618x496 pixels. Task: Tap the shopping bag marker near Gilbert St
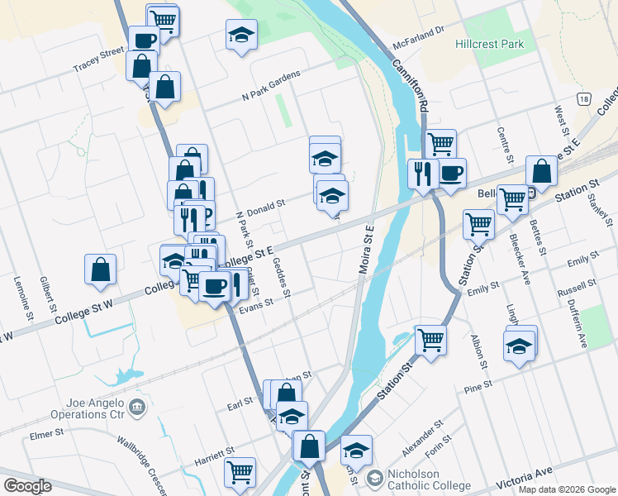[100, 269]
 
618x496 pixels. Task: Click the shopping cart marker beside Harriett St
[240, 472]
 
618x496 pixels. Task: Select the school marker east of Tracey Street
[241, 35]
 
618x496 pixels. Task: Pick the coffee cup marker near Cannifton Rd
[451, 173]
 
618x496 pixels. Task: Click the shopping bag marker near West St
[541, 171]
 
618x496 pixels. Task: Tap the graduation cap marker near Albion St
[520, 345]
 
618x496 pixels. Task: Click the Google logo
[27, 486]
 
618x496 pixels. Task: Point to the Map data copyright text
[567, 489]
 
